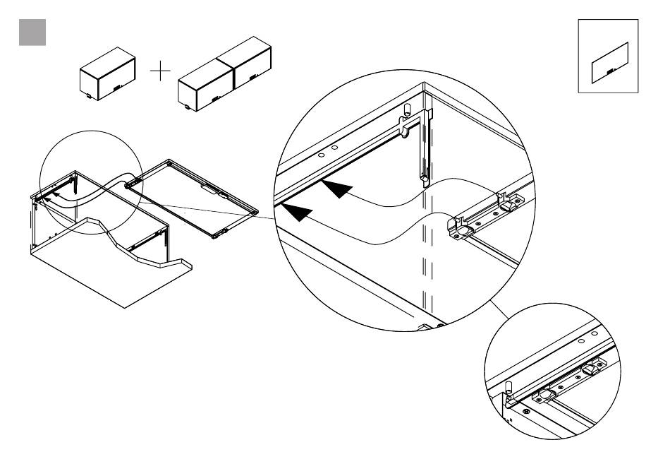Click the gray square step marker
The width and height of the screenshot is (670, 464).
pyautogui.click(x=32, y=32)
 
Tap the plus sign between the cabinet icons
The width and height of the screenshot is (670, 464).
pyautogui.click(x=162, y=73)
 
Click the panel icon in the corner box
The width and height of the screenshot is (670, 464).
pyautogui.click(x=609, y=62)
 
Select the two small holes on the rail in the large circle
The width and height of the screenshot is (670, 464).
pyautogui.click(x=327, y=150)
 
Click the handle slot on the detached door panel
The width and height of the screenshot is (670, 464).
pyautogui.click(x=209, y=189)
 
